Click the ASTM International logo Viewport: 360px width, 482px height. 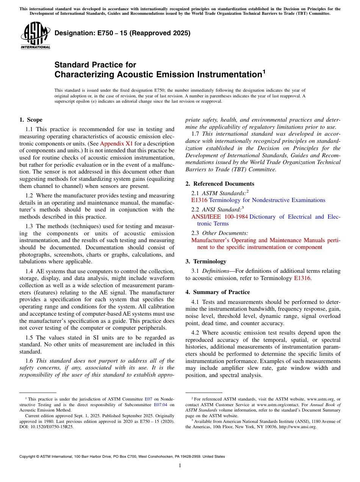35,35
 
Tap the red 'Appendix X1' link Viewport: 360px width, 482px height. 116,144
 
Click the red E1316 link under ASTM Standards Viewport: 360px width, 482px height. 199,200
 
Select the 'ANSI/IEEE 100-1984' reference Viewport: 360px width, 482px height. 219,217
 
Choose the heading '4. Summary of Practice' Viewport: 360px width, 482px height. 218,292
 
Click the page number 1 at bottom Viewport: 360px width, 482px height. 180,466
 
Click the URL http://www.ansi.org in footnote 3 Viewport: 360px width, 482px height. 297,427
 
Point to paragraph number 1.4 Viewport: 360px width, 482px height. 29,271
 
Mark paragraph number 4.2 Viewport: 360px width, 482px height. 195,332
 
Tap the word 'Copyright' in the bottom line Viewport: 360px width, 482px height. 28,457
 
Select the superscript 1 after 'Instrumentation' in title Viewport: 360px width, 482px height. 264,71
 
